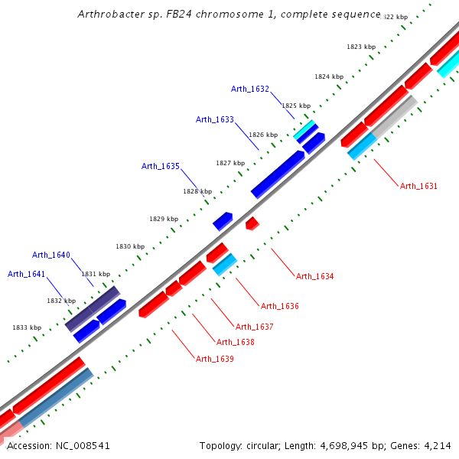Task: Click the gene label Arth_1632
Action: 250,89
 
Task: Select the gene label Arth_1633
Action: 215,119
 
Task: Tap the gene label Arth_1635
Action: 161,166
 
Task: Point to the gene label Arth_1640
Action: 51,255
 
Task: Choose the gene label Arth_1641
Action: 27,274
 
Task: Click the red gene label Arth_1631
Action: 418,186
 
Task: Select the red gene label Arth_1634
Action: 314,276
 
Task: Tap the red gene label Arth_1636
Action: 279,306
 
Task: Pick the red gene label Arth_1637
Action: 254,327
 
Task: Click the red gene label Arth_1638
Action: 235,342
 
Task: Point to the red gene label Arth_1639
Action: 214,359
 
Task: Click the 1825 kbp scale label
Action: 296,106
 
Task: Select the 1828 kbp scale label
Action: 197,191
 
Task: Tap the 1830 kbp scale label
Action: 130,246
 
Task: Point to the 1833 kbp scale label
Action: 27,327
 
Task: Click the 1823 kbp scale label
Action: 361,47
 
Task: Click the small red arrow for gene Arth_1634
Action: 252,223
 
